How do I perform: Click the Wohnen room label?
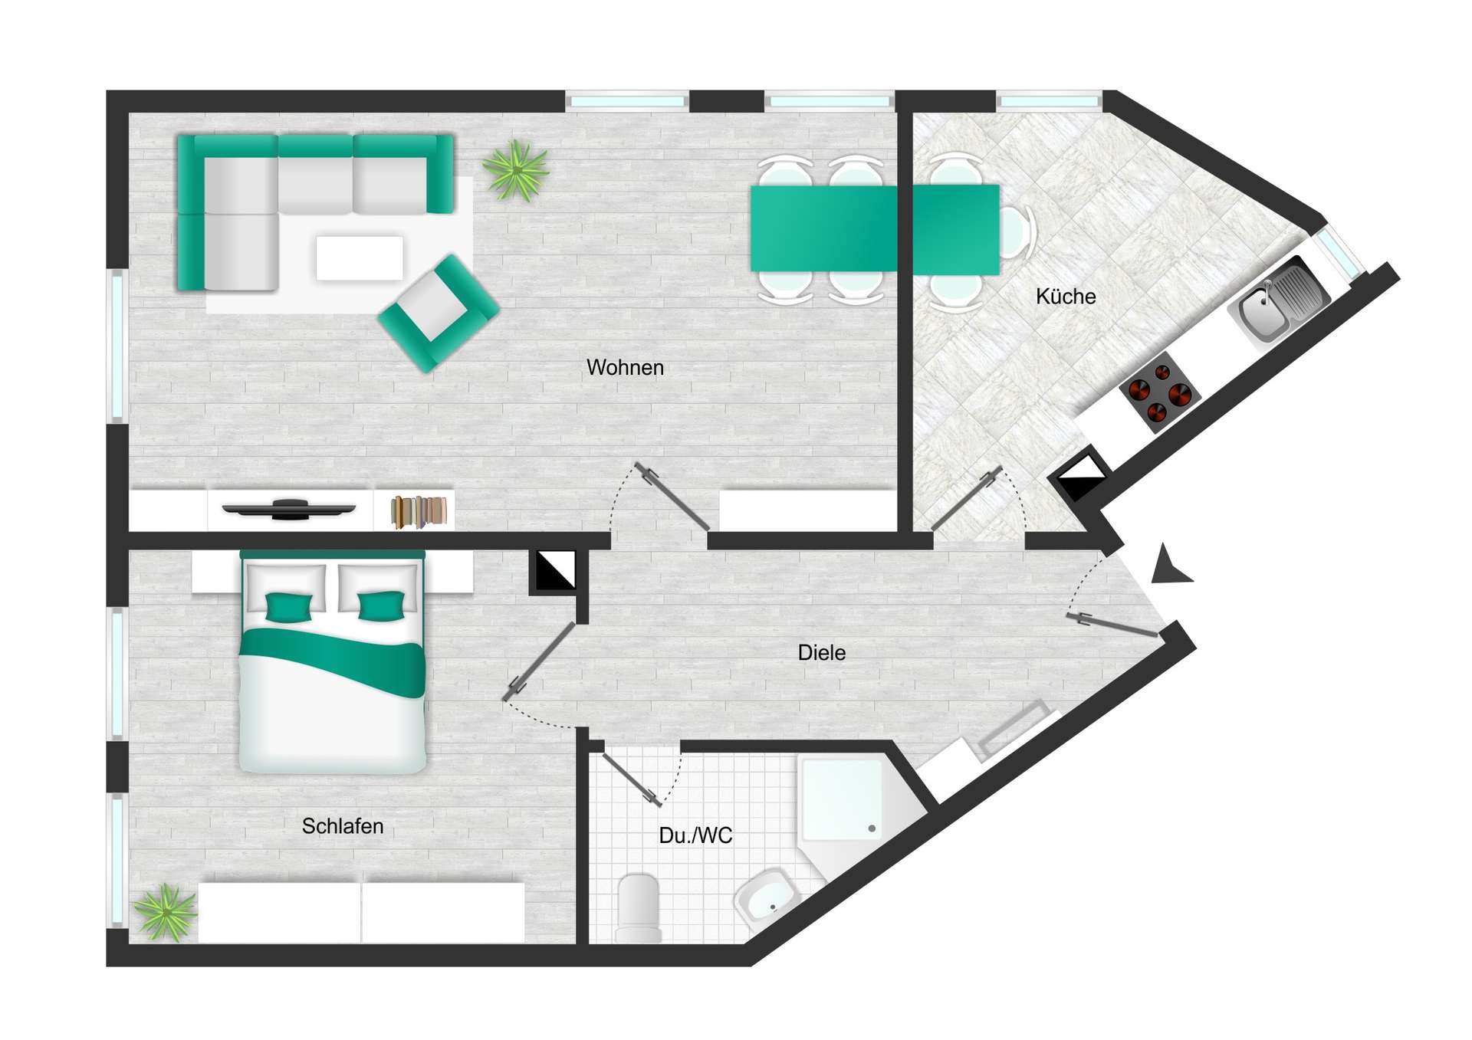point(625,367)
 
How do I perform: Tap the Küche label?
point(1066,297)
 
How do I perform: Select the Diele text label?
point(822,653)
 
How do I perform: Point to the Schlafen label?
point(343,826)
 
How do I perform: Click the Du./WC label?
point(695,835)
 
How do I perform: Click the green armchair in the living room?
point(439,313)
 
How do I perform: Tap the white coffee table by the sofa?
point(360,258)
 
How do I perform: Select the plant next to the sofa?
point(516,170)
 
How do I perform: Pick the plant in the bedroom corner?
point(165,912)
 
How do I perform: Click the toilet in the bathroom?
point(639,907)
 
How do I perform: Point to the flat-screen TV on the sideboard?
point(289,509)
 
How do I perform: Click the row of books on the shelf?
point(419,512)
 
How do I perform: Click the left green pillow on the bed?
point(288,606)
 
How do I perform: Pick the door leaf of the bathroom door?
point(632,779)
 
